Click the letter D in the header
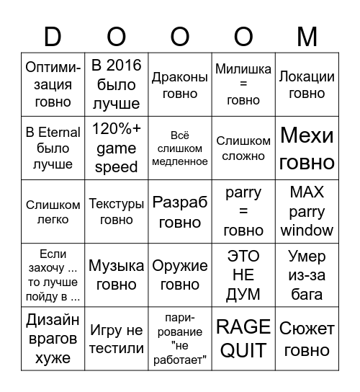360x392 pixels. point(53,36)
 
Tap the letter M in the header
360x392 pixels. point(307,36)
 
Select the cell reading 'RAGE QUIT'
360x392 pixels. point(243,339)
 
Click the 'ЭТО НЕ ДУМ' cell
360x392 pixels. point(243,275)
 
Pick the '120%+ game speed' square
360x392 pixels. point(116,148)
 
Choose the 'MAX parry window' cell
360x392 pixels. point(307,212)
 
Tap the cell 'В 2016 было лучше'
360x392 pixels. point(116,85)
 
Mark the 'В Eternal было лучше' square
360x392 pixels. point(53,148)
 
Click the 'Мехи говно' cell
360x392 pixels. point(307,148)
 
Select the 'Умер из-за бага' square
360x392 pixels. point(307,275)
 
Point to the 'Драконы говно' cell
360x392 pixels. point(180,85)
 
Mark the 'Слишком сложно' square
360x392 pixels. point(243,148)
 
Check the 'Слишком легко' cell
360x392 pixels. point(53,212)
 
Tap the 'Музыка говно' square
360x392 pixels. point(116,275)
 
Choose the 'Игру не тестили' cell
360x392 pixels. point(116,339)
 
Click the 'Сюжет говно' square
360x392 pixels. point(307,339)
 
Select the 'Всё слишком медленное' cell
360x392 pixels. point(180,148)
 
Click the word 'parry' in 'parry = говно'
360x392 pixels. point(243,193)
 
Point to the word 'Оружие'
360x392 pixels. point(180,266)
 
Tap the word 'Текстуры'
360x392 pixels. point(116,205)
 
